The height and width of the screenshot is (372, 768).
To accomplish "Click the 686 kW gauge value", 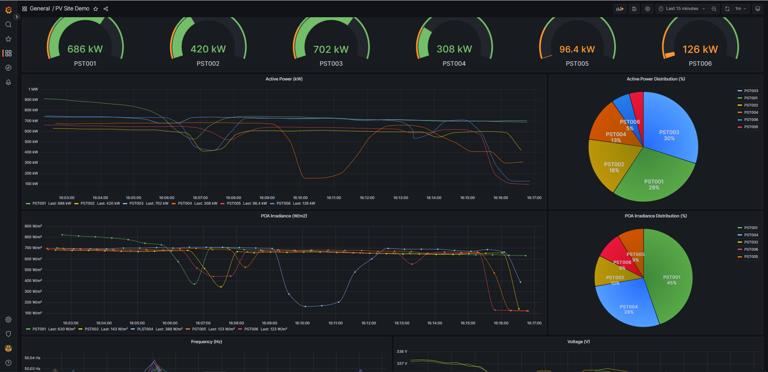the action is click(85, 49).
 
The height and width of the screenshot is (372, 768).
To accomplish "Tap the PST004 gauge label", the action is click(454, 64).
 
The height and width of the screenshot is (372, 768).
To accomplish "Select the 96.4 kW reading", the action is click(577, 49).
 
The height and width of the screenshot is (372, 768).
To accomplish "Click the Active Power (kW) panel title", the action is click(284, 79).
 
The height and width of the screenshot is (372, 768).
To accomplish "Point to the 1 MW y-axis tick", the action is click(33, 89).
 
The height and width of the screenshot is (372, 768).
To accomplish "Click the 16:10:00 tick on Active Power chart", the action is click(300, 198).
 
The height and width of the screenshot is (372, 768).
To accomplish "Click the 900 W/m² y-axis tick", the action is click(33, 226).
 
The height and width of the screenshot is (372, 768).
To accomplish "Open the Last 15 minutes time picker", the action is click(682, 9).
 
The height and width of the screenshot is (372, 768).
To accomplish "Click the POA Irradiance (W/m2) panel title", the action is click(284, 216).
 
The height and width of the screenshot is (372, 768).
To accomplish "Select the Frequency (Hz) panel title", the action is click(206, 342).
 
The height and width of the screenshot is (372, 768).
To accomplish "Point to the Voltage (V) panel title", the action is click(578, 342).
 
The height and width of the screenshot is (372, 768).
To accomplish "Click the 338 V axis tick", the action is click(402, 352).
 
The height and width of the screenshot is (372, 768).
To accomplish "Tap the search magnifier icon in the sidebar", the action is click(8, 24).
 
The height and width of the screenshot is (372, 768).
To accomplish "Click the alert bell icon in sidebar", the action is click(8, 82).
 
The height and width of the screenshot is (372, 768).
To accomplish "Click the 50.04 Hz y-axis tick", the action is click(32, 358).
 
